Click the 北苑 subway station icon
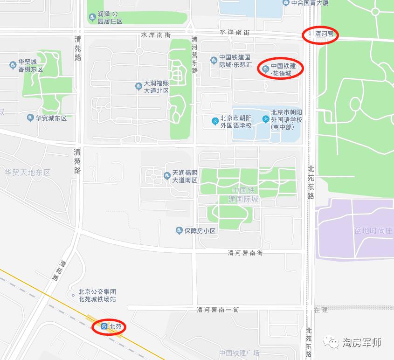[x=104, y=326]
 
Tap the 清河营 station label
[x=325, y=34]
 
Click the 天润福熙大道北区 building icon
[x=138, y=86]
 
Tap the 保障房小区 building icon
[x=179, y=230]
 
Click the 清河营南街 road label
[x=245, y=253]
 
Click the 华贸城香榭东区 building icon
[x=13, y=65]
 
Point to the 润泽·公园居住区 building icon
[x=92, y=18]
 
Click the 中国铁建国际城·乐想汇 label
[x=235, y=61]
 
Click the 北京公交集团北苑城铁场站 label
[x=97, y=295]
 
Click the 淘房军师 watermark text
[x=362, y=343]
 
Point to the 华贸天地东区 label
[x=27, y=173]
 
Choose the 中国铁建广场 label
[x=239, y=353]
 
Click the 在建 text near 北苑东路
[x=321, y=310]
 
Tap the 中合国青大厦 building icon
[x=286, y=3]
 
